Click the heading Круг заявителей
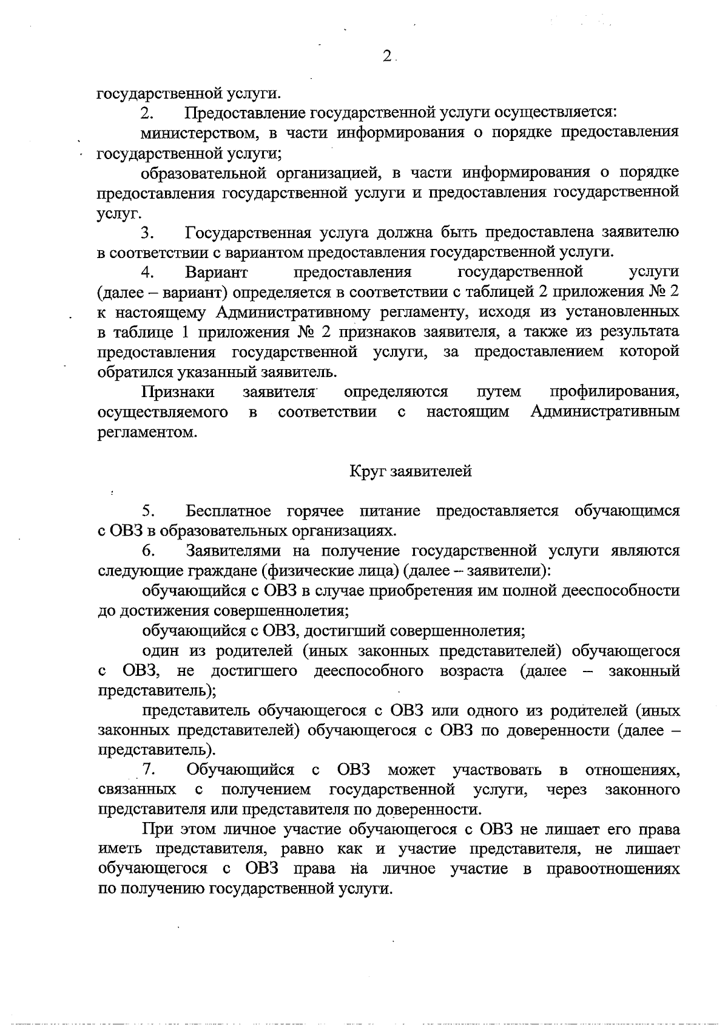click(411, 472)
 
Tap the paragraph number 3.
click(147, 233)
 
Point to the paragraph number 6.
click(149, 551)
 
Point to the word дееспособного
click(368, 671)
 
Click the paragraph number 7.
click(149, 770)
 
